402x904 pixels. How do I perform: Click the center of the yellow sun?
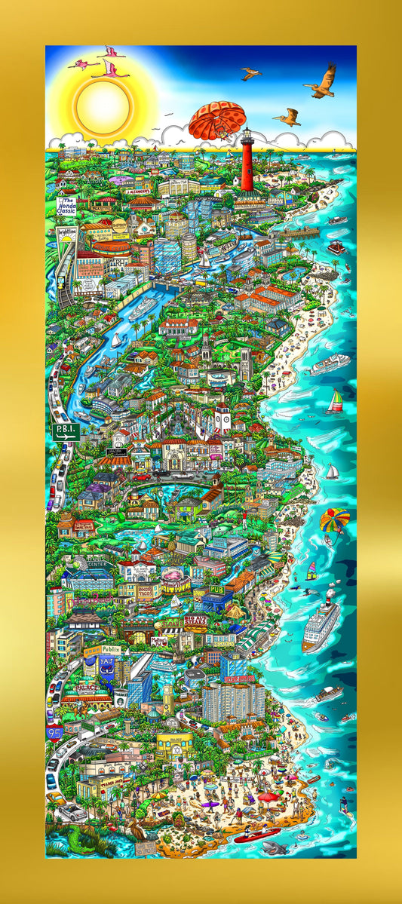[103, 104]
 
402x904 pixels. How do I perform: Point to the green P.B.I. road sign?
[65, 431]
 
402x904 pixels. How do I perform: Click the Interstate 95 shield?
[54, 731]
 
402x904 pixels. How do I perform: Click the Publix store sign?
[112, 649]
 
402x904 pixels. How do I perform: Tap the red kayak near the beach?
[256, 835]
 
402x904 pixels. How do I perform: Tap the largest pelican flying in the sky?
[321, 79]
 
